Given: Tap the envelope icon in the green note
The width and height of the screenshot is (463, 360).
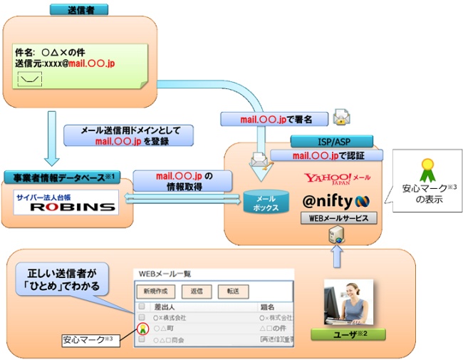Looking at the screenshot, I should (x=28, y=78).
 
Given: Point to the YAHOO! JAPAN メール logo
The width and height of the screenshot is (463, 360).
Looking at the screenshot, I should (x=338, y=179).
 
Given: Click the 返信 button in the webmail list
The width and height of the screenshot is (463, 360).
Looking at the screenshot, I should (x=197, y=291).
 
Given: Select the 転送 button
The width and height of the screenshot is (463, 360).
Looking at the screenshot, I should (x=233, y=291).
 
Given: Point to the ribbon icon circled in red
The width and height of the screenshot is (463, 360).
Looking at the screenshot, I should (x=142, y=329).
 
